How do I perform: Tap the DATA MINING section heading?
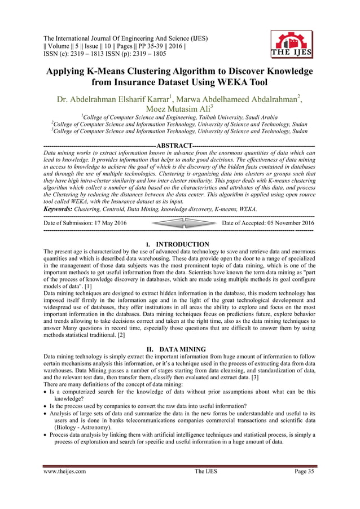[182, 350]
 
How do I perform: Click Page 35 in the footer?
[302, 486]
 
